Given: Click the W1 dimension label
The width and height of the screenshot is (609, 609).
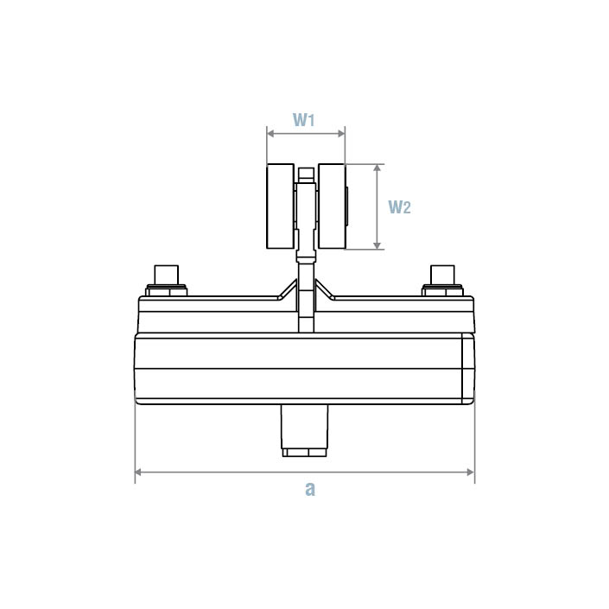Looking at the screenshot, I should point(303,119).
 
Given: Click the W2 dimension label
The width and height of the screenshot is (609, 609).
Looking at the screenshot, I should point(399,207).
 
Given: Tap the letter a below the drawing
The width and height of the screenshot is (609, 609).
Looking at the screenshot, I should point(310,489).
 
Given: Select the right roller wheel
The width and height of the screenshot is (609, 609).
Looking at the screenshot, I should point(331,206).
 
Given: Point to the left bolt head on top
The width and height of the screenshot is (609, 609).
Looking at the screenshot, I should point(168,274).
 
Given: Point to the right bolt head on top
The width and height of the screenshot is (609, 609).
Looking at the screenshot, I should point(444,274).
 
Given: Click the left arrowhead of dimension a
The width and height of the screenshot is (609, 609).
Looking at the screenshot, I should point(139,472).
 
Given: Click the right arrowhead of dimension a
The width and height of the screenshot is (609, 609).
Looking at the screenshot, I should point(471,472).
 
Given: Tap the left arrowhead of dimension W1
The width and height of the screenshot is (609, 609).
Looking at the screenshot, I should point(270,133).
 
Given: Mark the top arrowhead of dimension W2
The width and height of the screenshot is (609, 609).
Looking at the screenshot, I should point(377,168).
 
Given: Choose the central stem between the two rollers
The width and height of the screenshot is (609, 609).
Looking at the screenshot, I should point(305,207).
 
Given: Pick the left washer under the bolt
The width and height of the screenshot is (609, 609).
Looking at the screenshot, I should point(168,290).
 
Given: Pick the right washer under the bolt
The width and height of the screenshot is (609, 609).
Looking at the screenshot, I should point(444,290).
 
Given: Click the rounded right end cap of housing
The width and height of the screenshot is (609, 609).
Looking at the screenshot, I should point(468,369).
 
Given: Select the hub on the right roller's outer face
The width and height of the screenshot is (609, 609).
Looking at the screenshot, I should point(347,207).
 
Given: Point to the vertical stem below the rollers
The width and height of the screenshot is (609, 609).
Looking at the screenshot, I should point(305,294).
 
